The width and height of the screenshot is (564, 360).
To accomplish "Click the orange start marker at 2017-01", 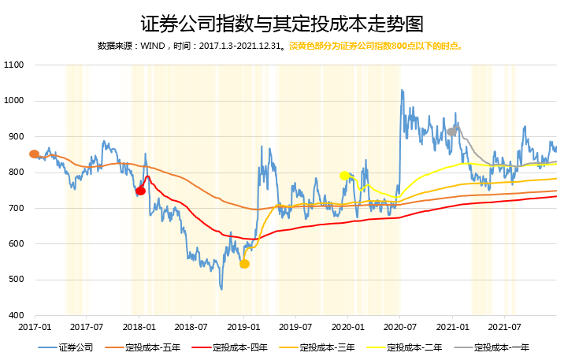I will click(34, 154).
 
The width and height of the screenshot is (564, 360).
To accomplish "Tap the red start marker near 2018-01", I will click(141, 191).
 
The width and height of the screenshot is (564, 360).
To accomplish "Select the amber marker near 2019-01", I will click(244, 264).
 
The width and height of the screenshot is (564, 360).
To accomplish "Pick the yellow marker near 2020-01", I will click(344, 176).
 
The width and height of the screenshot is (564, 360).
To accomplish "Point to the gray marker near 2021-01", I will click(451, 132).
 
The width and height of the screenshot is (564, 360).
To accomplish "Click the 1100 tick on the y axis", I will click(14, 65).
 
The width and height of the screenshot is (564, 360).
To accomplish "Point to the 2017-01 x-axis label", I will click(35, 326).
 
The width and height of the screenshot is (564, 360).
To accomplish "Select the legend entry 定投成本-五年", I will click(150, 347).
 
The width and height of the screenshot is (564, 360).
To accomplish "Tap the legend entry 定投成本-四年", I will click(238, 347).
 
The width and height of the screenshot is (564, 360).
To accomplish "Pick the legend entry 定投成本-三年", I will click(325, 347).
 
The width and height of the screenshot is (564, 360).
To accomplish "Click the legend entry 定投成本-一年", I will click(500, 347).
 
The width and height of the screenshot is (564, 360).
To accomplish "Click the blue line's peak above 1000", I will click(402, 91).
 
